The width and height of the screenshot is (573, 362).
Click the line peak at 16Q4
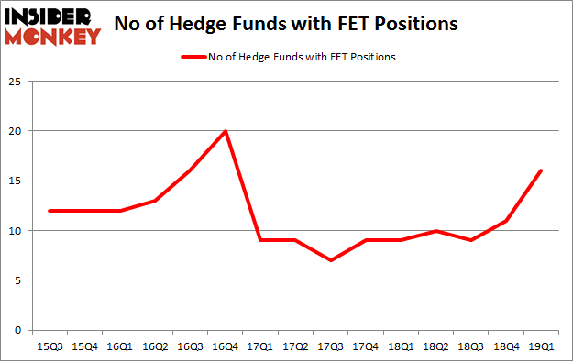coord(226,131)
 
